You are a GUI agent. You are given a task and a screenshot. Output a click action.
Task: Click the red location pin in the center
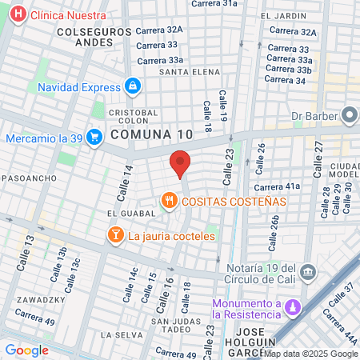(181, 163)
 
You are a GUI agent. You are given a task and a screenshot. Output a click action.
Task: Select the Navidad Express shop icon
(133, 86)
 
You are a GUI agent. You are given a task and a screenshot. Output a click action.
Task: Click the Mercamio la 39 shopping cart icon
(94, 138)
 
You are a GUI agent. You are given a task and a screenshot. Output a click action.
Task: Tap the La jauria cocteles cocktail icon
(115, 235)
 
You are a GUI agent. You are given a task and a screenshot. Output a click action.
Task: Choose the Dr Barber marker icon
(350, 115)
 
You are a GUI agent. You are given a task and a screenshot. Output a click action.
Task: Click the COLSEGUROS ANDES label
(88, 36)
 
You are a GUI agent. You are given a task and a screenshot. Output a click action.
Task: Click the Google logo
(27, 350)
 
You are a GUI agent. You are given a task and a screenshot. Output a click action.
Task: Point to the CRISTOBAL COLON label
(134, 118)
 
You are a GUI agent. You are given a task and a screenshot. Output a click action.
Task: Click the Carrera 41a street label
(277, 186)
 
